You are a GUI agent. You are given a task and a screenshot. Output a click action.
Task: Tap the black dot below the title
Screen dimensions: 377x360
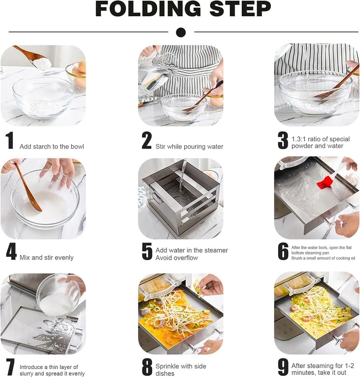180,32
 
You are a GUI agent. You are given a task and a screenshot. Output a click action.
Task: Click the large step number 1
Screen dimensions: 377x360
10,141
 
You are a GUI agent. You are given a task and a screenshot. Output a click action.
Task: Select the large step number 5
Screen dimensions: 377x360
147,251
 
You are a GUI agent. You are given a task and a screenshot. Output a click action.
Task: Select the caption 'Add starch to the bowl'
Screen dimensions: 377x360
52,147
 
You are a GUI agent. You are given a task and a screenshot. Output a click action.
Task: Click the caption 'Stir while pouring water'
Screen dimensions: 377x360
189,147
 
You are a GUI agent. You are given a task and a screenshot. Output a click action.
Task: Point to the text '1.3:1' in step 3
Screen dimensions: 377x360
299,139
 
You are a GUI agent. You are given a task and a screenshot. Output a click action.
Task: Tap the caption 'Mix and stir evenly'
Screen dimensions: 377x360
46,258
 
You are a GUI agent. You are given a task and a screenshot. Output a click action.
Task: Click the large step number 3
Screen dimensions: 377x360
283,141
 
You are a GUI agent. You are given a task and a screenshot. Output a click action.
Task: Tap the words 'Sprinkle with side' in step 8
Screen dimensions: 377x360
181,366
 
